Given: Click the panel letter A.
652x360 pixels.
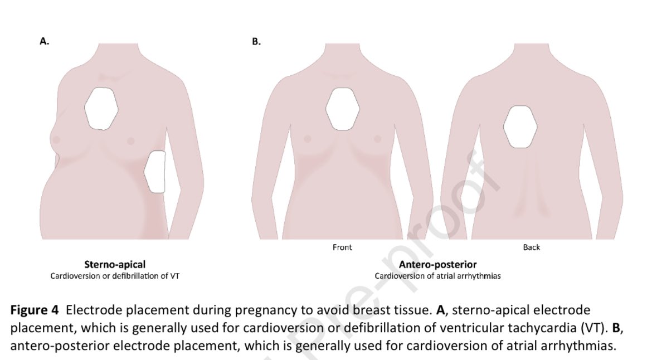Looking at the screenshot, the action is click(x=44, y=41).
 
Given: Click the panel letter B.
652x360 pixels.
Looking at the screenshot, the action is click(x=256, y=41).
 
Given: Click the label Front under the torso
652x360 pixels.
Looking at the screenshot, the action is click(x=342, y=247).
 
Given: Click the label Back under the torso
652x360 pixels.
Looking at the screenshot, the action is click(x=531, y=247).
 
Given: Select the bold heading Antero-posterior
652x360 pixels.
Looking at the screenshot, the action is click(x=437, y=265).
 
